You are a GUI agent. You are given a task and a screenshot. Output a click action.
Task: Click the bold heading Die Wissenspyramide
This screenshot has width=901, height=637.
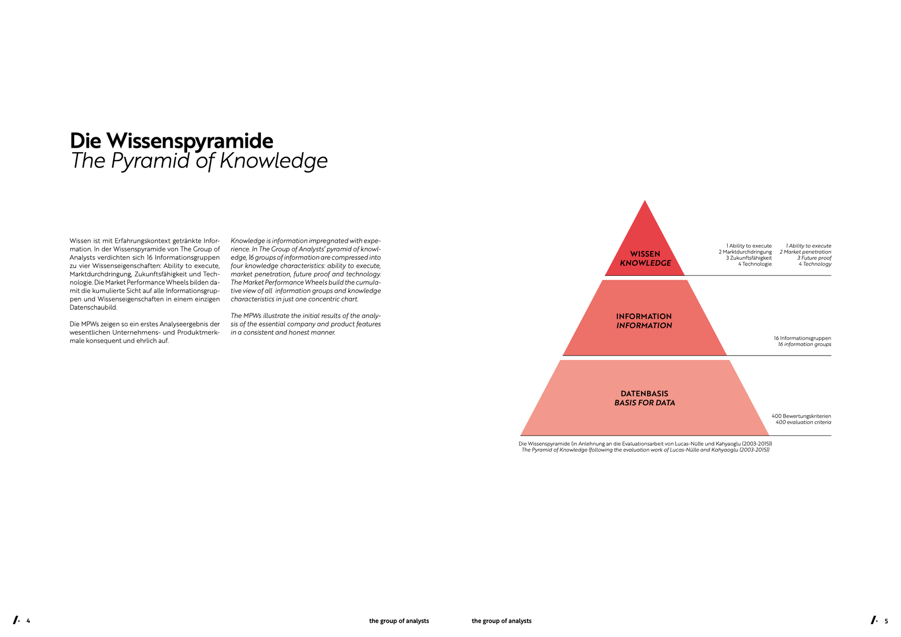click(172, 141)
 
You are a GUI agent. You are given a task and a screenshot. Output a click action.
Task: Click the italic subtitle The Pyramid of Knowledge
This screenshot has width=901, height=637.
click(199, 161)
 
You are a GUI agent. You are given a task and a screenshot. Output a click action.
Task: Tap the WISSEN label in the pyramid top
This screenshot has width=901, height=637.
click(645, 254)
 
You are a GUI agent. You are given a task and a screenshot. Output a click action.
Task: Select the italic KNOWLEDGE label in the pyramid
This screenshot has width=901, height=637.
click(645, 263)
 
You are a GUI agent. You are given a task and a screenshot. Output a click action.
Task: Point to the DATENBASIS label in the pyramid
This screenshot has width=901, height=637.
click(644, 394)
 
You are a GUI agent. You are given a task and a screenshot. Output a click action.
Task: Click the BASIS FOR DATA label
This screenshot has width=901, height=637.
click(644, 403)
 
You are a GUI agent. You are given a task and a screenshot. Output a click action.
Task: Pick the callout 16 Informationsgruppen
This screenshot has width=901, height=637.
click(802, 338)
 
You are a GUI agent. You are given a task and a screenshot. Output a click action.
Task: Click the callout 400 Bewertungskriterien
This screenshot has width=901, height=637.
click(801, 416)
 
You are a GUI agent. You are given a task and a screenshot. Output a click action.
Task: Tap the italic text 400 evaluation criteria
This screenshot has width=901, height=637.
click(803, 422)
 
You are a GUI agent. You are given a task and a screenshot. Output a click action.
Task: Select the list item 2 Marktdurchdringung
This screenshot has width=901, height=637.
click(745, 252)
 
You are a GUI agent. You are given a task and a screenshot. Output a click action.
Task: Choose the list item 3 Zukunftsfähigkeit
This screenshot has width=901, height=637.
click(748, 258)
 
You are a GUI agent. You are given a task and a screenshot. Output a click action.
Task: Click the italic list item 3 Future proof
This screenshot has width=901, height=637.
click(814, 258)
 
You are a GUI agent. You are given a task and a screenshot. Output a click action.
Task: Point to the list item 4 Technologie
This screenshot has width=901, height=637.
click(754, 264)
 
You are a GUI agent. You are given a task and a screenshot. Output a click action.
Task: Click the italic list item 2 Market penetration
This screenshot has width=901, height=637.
click(805, 252)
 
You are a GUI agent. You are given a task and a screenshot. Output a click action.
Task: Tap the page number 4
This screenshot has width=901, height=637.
click(28, 621)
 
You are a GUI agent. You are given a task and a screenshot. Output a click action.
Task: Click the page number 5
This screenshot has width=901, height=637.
click(886, 621)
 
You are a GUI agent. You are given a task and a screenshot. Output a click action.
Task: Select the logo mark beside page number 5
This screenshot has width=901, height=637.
click(874, 620)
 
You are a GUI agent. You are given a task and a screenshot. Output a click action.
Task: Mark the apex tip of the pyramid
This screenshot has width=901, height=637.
click(645, 201)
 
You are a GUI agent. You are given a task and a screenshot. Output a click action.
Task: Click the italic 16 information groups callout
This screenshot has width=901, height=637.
click(804, 344)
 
